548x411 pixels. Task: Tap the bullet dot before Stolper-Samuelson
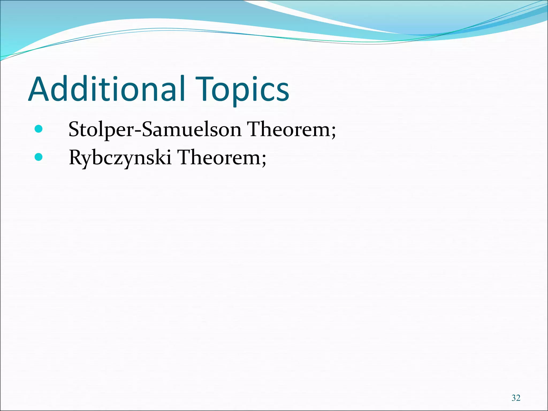(39, 129)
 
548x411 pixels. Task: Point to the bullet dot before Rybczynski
(39, 157)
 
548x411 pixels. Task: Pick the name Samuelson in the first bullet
(192, 130)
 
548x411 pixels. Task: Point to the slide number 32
(516, 398)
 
